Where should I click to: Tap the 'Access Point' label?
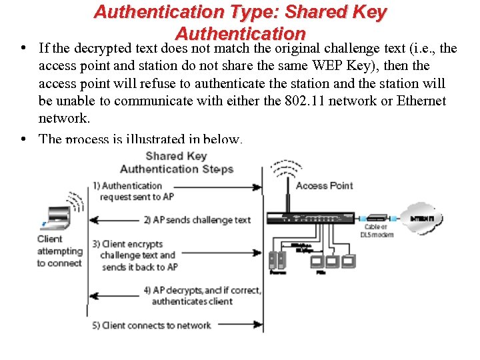[324, 185]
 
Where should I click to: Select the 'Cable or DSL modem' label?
[377, 231]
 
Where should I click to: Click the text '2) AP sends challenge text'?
[197, 220]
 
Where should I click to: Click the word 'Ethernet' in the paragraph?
[421, 101]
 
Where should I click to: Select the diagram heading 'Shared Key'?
[176, 156]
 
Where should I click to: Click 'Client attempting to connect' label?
[59, 251]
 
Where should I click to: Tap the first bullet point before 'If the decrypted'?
[23, 48]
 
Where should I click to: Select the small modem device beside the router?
[377, 218]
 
